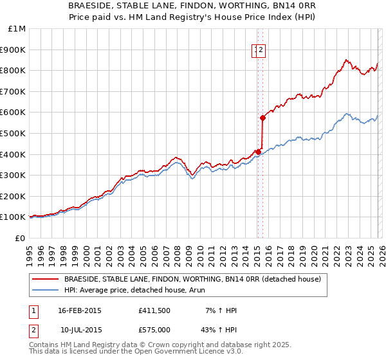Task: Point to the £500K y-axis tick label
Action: pos(14,133)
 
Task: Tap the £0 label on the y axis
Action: pos(19,238)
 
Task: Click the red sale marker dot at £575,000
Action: pos(262,118)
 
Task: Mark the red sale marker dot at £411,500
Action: pos(258,152)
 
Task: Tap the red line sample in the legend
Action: pos(45,279)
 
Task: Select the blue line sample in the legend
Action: pos(45,290)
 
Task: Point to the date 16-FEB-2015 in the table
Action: pos(79,310)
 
